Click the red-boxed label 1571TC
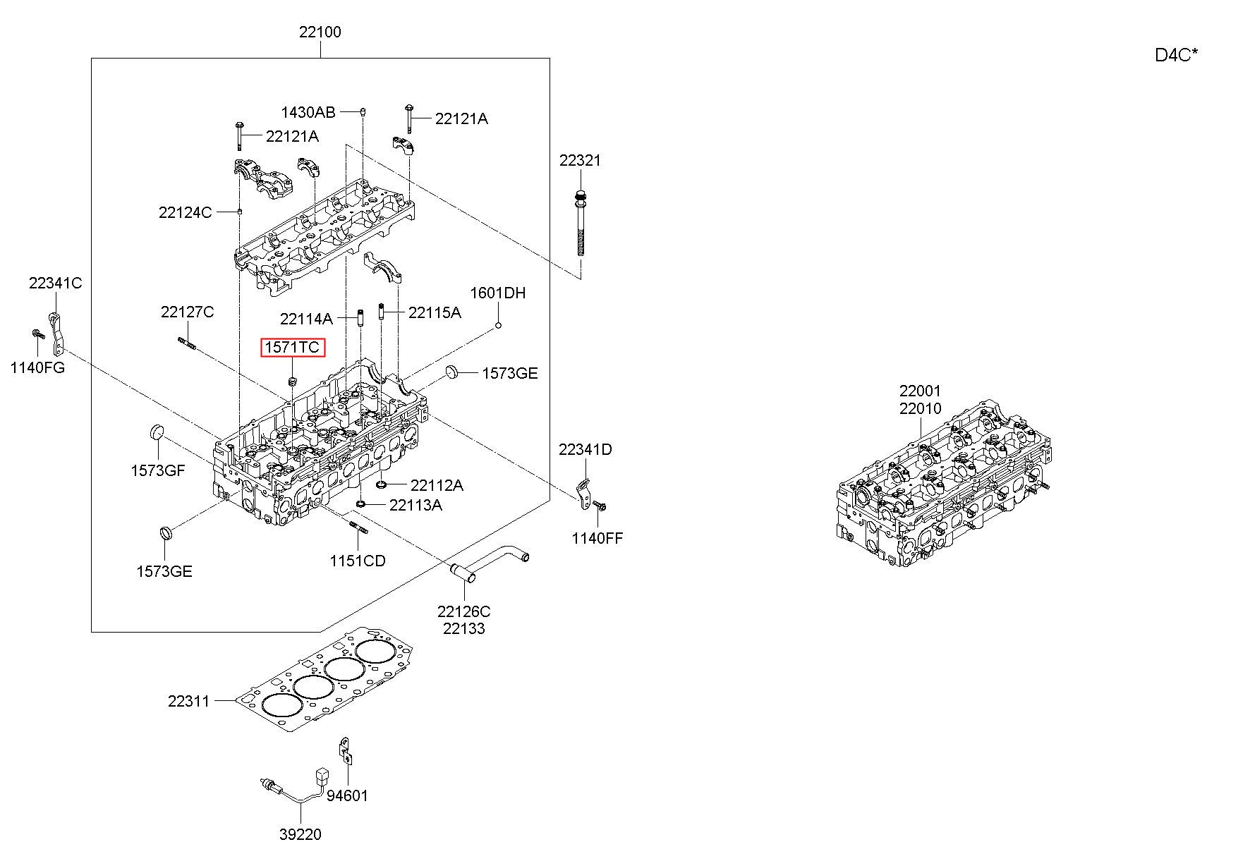point(293,347)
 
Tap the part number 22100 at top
point(320,32)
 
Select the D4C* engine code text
point(1176,55)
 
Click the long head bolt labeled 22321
point(580,225)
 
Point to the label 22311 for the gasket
point(189,701)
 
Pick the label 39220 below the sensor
point(300,834)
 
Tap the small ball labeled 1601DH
point(498,324)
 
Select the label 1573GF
point(158,470)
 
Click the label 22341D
point(585,449)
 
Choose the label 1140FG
point(37,367)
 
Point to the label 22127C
point(187,312)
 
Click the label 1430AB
point(308,112)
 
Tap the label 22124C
point(185,212)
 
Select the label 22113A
point(415,505)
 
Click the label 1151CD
point(358,561)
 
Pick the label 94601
point(347,795)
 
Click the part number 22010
point(920,409)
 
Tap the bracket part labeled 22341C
point(57,334)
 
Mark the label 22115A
point(435,312)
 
